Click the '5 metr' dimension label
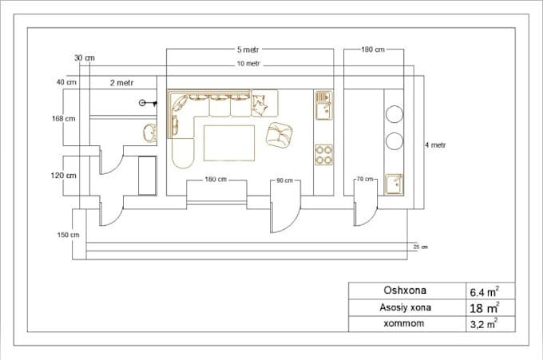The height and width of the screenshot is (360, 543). point(249,49)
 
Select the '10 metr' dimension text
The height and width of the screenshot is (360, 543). point(248,64)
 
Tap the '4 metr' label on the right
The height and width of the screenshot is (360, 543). point(434,145)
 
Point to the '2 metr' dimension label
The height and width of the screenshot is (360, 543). point(122,82)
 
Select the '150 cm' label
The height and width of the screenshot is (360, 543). point(69,235)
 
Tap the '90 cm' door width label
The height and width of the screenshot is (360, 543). point(283,180)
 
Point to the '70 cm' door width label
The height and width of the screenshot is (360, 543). point(364,180)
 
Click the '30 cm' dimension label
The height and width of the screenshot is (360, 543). point(84,57)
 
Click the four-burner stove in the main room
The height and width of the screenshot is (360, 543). point(323,154)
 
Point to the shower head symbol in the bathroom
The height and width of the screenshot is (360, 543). point(145,103)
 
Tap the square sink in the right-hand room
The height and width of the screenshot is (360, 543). point(394,184)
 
